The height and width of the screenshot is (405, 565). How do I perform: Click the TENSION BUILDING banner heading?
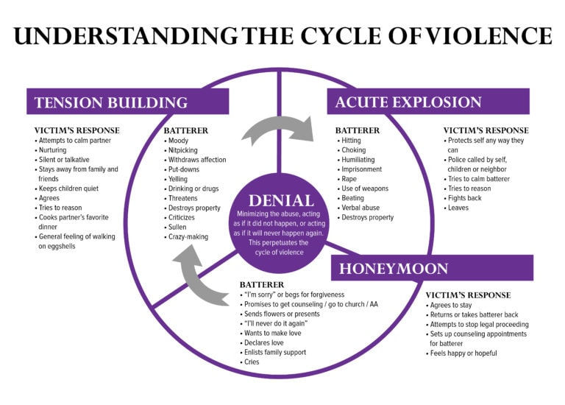click(110, 102)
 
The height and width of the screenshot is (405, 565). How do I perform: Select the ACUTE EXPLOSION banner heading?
click(408, 102)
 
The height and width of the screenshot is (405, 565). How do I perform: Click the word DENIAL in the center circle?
click(281, 200)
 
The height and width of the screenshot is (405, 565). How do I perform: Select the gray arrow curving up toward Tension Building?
click(201, 273)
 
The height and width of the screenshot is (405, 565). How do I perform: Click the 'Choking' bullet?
click(352, 150)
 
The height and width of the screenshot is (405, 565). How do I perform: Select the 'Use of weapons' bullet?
click(366, 189)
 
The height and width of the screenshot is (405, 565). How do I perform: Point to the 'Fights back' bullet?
click(466, 198)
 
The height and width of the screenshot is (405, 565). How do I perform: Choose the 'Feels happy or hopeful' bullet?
click(463, 353)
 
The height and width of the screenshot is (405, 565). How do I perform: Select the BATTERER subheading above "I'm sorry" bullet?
click(263, 284)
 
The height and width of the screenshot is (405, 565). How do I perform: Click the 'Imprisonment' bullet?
click(360, 169)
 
